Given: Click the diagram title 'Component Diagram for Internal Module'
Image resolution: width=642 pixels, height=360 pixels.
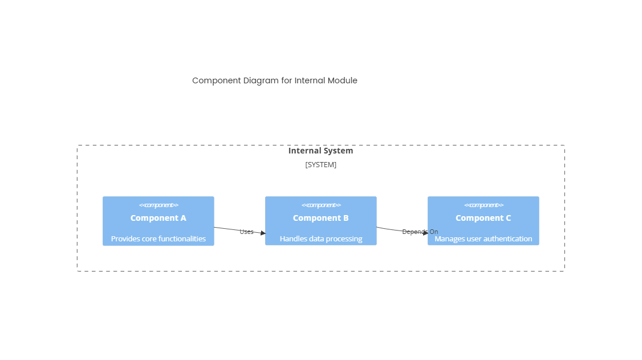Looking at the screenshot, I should point(274,80).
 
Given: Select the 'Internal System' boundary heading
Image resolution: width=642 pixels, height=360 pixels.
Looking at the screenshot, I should point(320,151).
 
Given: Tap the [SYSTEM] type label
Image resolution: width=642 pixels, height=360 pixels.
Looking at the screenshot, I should point(320,165).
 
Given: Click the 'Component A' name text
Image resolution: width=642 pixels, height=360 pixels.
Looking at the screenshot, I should point(158,218).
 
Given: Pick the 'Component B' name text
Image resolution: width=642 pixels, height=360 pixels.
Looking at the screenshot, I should point(320,218).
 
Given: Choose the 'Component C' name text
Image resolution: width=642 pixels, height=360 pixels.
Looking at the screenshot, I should point(483,218).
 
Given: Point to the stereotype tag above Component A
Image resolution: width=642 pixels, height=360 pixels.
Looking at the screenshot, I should point(158,205).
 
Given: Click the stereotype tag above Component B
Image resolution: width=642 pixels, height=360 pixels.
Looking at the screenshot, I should point(320,205).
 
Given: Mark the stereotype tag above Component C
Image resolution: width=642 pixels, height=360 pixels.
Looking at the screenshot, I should point(483,205).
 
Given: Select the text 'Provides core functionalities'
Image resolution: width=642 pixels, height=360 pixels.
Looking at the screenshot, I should point(158,238).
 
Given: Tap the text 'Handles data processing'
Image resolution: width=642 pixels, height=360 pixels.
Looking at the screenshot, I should point(320,238).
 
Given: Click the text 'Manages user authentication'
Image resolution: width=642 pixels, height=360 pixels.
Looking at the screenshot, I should point(483,238).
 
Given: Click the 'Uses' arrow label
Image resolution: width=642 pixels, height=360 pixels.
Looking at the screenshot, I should point(246,232).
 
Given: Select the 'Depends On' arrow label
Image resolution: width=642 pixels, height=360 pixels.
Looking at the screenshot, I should point(420,232).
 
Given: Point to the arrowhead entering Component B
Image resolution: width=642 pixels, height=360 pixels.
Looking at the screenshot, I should point(263,233).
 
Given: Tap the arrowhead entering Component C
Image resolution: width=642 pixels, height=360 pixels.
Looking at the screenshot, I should point(425,233).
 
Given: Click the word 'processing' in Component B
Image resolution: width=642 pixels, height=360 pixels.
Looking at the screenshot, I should point(343,238).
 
